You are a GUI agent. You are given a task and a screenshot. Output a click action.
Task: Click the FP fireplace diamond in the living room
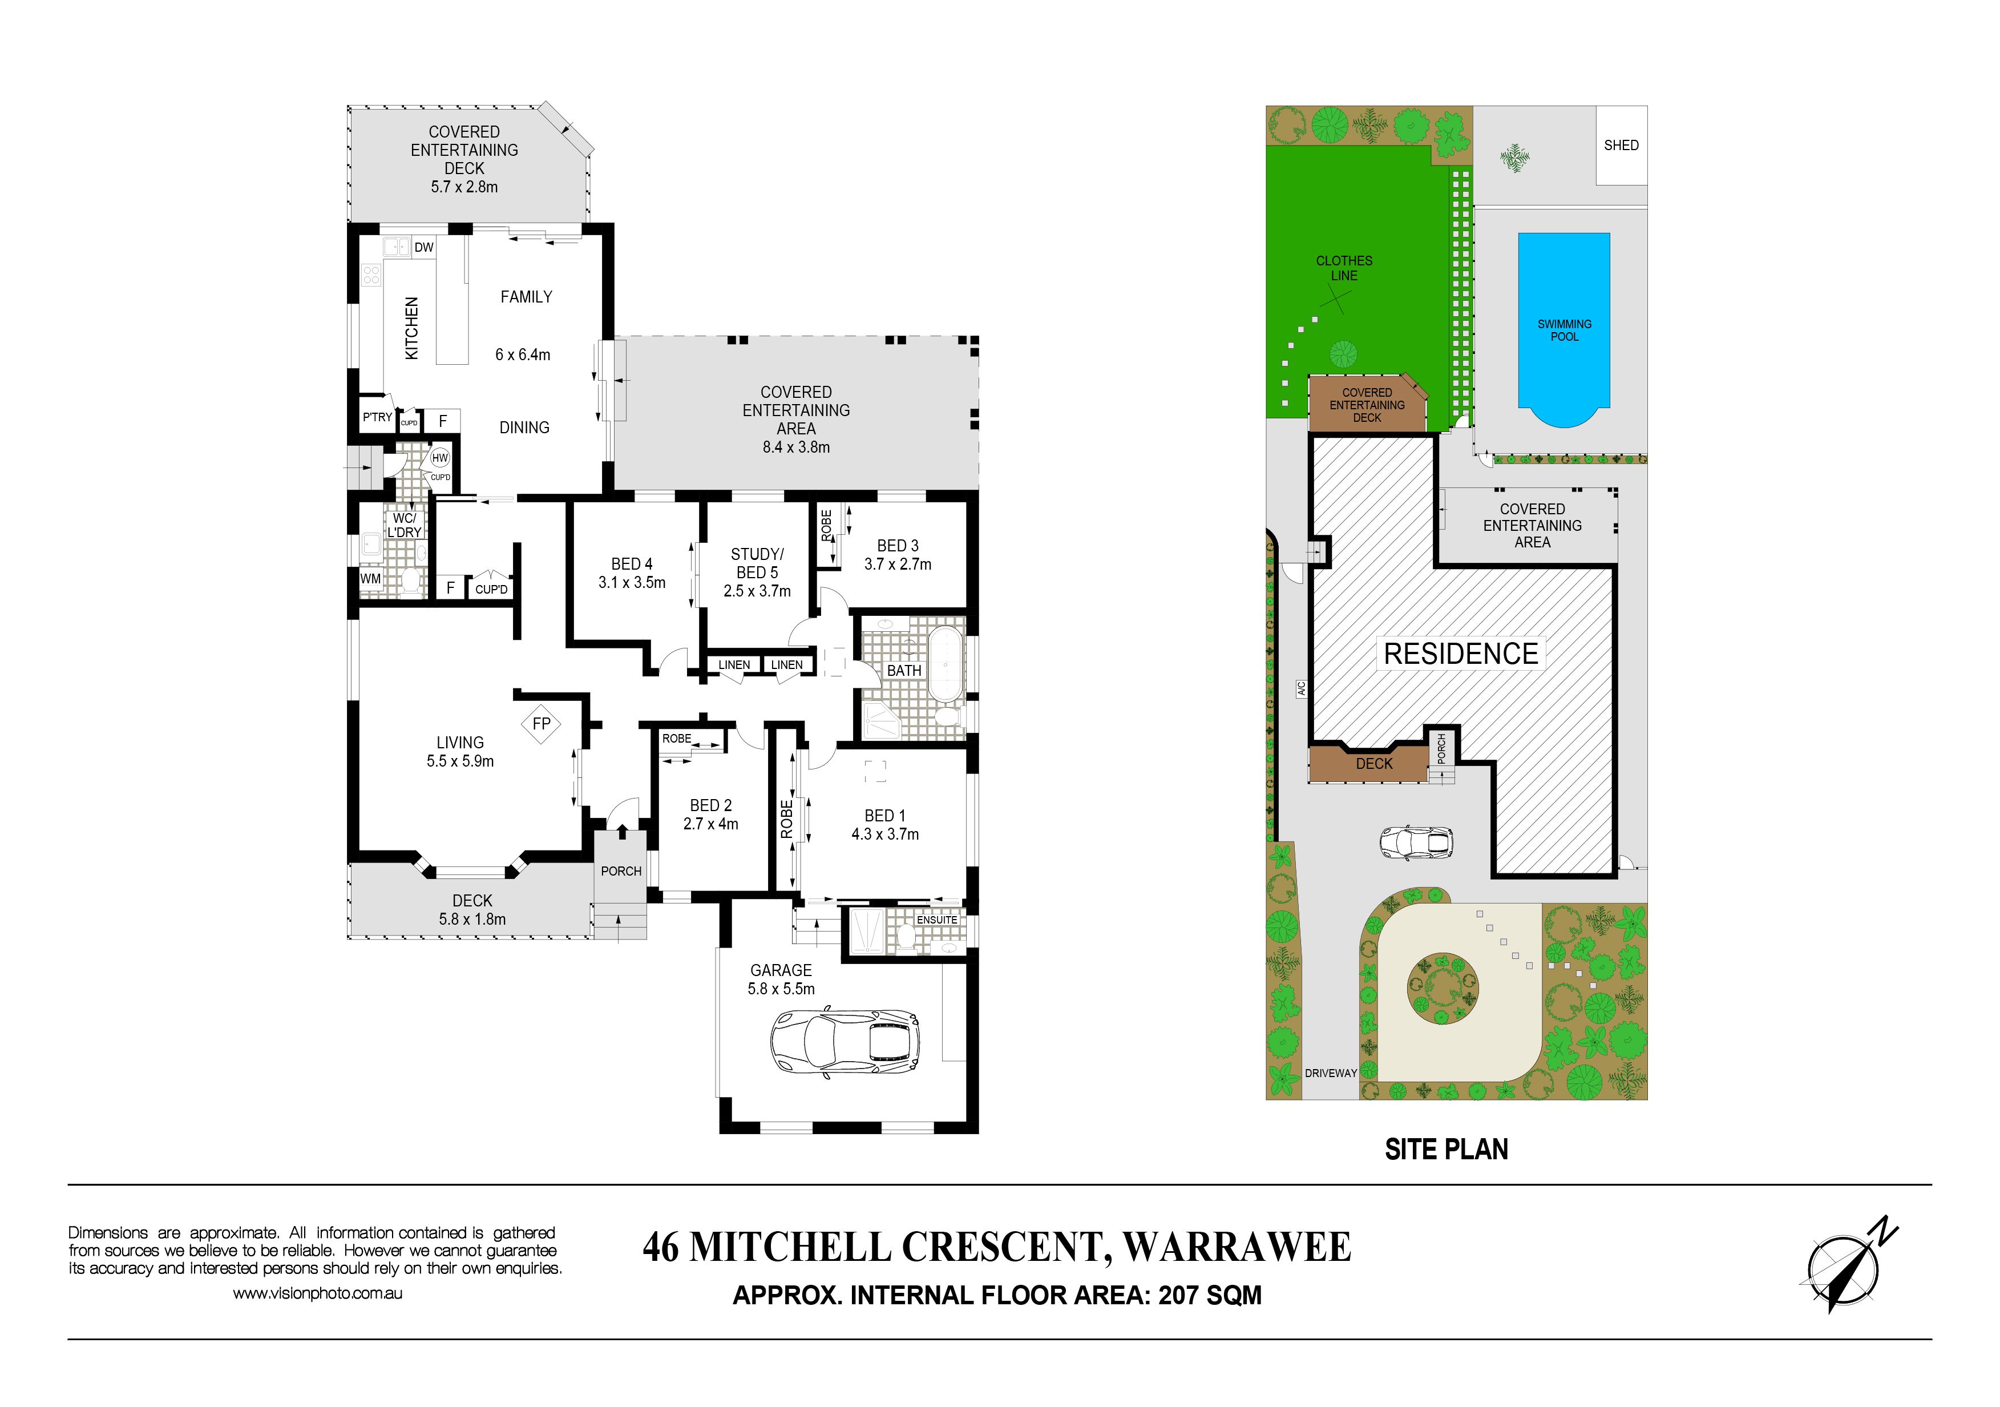click(541, 723)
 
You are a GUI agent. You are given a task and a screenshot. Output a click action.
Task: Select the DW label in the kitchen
click(424, 247)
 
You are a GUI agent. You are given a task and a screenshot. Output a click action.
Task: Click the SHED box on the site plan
click(1621, 146)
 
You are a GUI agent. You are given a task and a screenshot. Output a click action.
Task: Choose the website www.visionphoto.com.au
click(318, 1294)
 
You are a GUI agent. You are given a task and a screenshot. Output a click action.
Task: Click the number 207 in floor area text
click(1178, 1296)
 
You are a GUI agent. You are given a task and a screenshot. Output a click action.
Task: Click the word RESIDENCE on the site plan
click(1461, 654)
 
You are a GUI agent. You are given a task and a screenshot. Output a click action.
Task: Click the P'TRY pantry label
click(377, 417)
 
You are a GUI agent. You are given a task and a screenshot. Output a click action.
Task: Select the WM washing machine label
click(370, 578)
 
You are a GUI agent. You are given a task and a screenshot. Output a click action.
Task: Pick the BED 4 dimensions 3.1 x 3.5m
click(632, 583)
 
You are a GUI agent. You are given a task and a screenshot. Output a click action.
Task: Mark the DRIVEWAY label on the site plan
click(1330, 1073)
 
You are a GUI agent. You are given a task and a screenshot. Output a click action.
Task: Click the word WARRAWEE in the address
click(1237, 1248)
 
